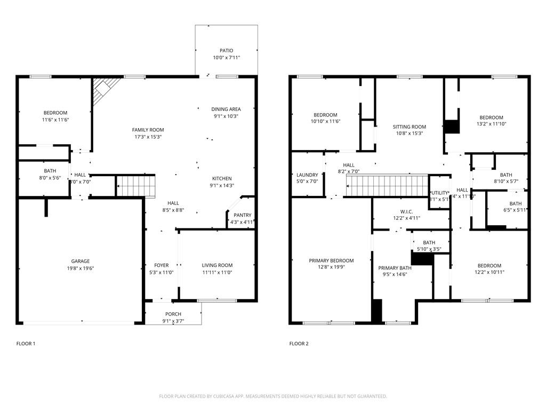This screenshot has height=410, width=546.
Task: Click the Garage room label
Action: coord(81,261)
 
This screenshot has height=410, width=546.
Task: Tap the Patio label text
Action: coord(226,51)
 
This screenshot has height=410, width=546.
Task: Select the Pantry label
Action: coord(242,215)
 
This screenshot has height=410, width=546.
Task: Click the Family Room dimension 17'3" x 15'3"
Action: coord(148,137)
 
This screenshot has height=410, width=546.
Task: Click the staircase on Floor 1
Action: coord(135,185)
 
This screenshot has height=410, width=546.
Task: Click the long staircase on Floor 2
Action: coord(388,186)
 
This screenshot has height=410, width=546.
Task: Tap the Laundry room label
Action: coord(307,175)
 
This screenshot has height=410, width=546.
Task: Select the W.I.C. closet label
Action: coord(403,211)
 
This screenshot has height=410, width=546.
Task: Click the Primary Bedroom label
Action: coord(331,261)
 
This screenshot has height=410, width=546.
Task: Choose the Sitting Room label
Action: coord(409,127)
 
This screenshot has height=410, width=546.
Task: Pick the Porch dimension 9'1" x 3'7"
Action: coord(173,321)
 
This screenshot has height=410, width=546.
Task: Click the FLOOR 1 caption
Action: coord(26,344)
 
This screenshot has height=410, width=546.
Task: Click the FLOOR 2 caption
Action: coord(299,344)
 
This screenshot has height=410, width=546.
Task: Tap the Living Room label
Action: coord(217,265)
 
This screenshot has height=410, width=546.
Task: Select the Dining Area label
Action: coord(226,109)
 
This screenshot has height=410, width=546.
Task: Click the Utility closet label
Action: coord(440,193)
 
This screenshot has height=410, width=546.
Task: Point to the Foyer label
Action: coord(161,265)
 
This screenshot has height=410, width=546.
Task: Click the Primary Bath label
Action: coord(395,268)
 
